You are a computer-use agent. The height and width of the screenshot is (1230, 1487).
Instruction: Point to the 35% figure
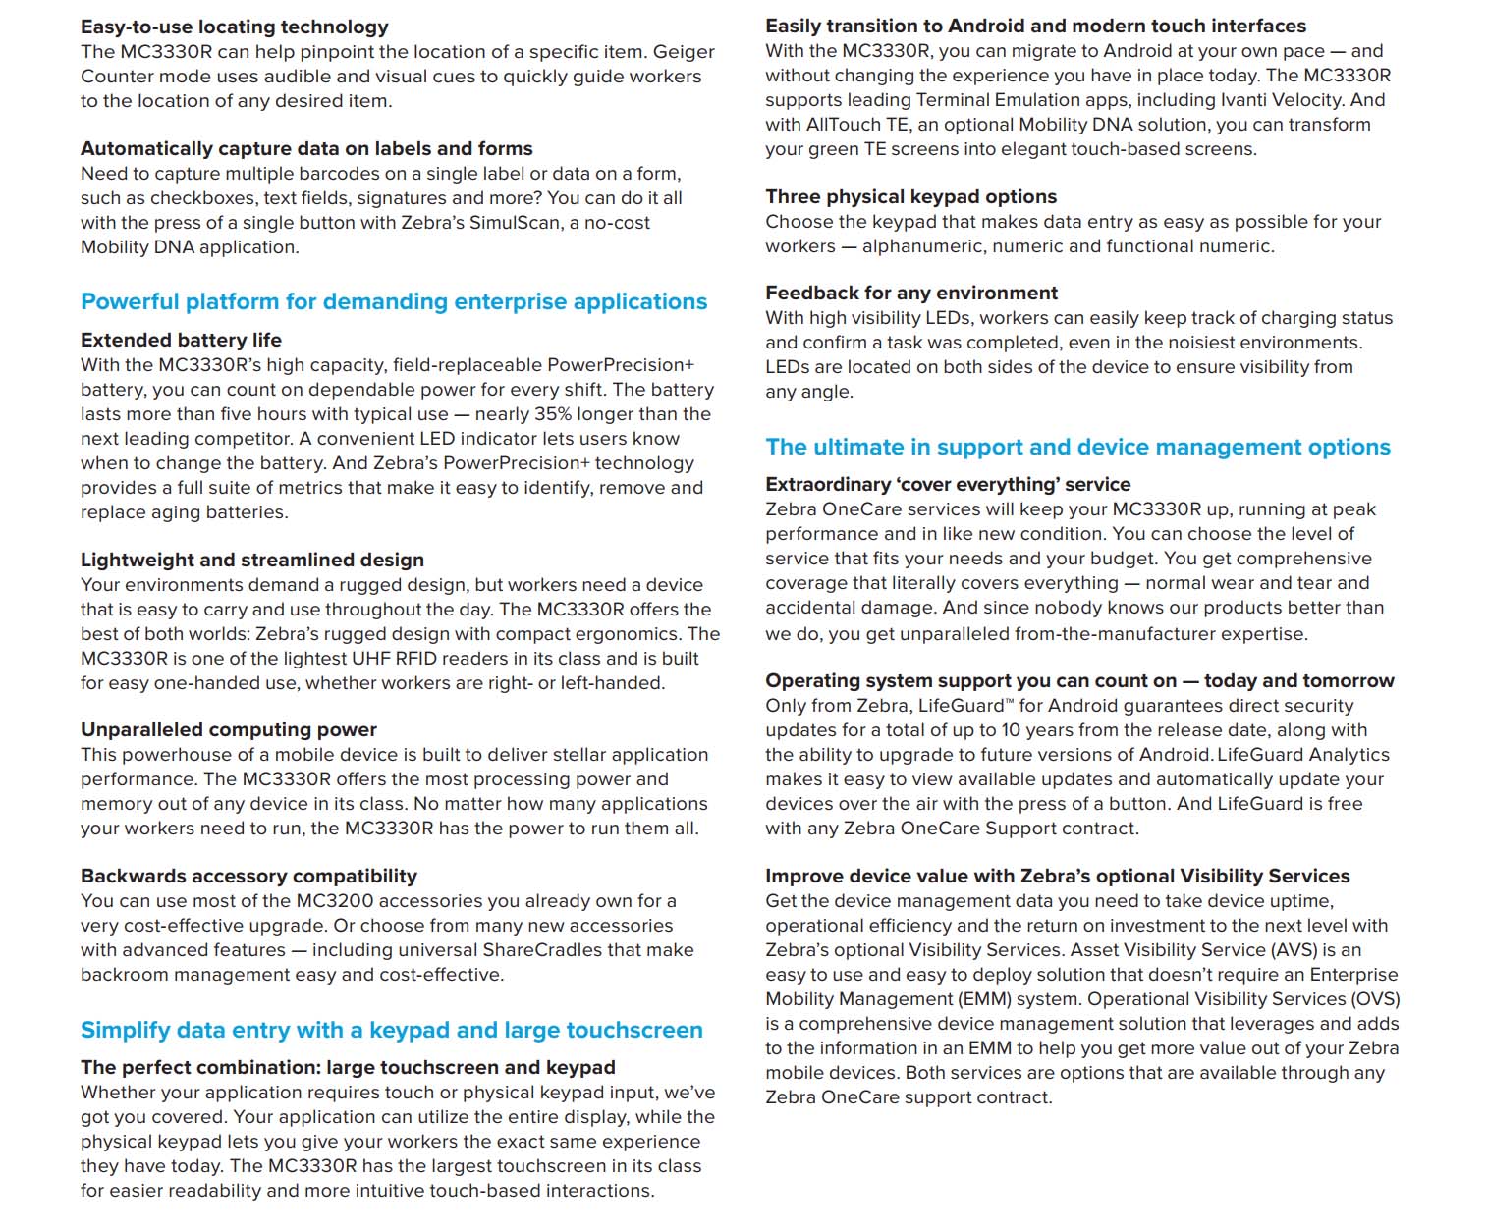click(x=550, y=414)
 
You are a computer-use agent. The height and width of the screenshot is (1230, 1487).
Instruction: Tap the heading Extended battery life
click(x=181, y=340)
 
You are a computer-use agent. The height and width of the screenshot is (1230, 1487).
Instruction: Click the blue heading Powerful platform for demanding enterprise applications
click(x=393, y=301)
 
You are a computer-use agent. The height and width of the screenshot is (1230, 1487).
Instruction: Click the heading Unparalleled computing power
click(x=228, y=729)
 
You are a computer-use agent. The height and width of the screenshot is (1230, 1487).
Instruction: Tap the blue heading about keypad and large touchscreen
click(x=391, y=1030)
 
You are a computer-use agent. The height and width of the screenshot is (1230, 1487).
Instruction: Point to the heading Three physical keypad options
click(x=910, y=196)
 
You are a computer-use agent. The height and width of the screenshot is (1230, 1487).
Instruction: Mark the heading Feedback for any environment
click(x=910, y=293)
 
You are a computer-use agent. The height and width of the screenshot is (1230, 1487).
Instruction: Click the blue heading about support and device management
click(x=1077, y=447)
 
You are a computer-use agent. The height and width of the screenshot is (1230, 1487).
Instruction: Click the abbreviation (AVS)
click(x=1294, y=950)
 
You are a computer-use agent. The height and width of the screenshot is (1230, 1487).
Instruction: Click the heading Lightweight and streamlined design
click(x=251, y=560)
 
